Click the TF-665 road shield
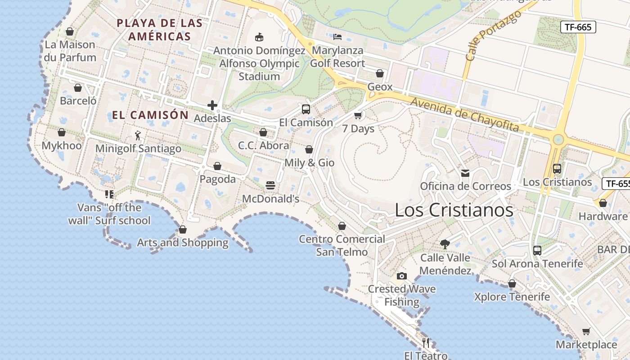(x=578, y=27)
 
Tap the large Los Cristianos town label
(x=454, y=210)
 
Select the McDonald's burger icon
(x=270, y=185)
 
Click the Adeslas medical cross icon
(x=212, y=105)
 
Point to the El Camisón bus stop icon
(x=306, y=109)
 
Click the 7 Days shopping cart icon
(x=358, y=116)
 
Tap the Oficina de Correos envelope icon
(x=465, y=173)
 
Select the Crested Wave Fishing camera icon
(x=402, y=276)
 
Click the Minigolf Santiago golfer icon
(x=138, y=135)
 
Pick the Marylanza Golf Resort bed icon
(x=337, y=37)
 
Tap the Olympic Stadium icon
(x=259, y=37)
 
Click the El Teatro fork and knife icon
(x=426, y=343)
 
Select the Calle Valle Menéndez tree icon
(x=445, y=244)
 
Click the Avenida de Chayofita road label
(x=464, y=115)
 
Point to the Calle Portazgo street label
(x=493, y=35)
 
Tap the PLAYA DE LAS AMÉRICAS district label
(x=160, y=30)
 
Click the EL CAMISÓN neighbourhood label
(x=150, y=115)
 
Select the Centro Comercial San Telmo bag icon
(x=342, y=226)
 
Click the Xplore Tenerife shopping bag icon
(x=512, y=284)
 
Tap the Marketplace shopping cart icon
(x=586, y=332)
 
